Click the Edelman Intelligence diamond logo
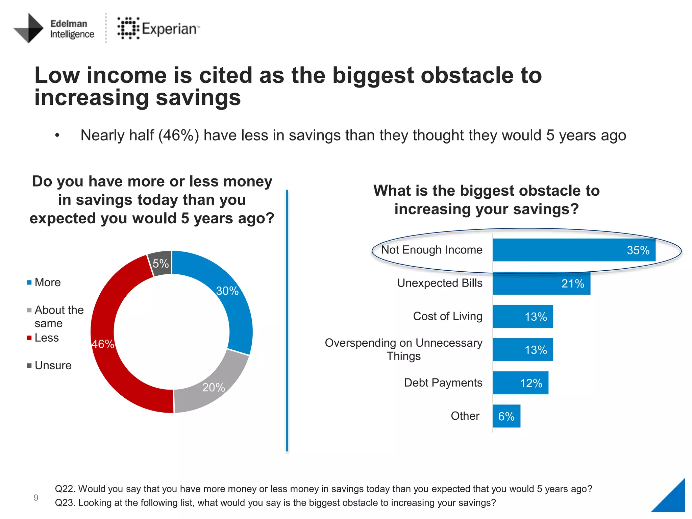pyautogui.click(x=29, y=28)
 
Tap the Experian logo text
pyautogui.click(x=169, y=29)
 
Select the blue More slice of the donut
pyautogui.click(x=233, y=304)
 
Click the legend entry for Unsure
pyautogui.click(x=53, y=365)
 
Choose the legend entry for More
pyautogui.click(x=47, y=282)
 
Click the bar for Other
pyautogui.click(x=506, y=416)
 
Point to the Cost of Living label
pyautogui.click(x=447, y=316)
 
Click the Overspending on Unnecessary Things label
pyautogui.click(x=403, y=349)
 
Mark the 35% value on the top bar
pyautogui.click(x=638, y=250)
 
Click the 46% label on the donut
pyautogui.click(x=103, y=344)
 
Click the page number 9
pyautogui.click(x=36, y=497)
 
